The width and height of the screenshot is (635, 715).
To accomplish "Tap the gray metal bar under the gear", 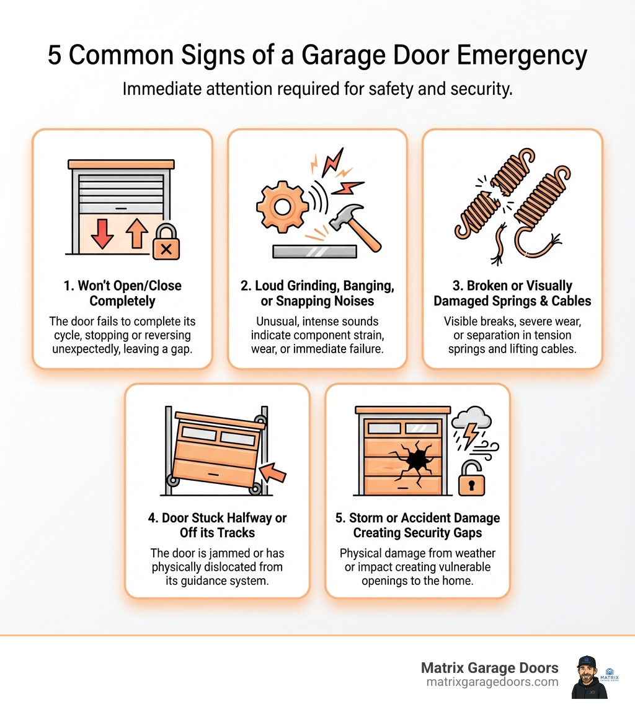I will click(315, 250).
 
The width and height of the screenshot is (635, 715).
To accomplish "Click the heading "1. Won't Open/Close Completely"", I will click(122, 293).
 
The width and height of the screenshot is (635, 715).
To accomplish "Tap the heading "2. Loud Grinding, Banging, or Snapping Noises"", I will click(317, 293).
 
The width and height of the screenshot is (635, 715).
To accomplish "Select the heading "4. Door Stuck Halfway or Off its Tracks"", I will click(217, 525).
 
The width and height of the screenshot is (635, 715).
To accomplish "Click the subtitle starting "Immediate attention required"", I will click(317, 89).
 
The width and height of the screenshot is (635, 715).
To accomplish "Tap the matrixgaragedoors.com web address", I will click(492, 682).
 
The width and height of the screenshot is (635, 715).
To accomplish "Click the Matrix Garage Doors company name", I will click(489, 667).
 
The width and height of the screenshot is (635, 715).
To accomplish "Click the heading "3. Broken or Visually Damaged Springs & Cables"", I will click(512, 293).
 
